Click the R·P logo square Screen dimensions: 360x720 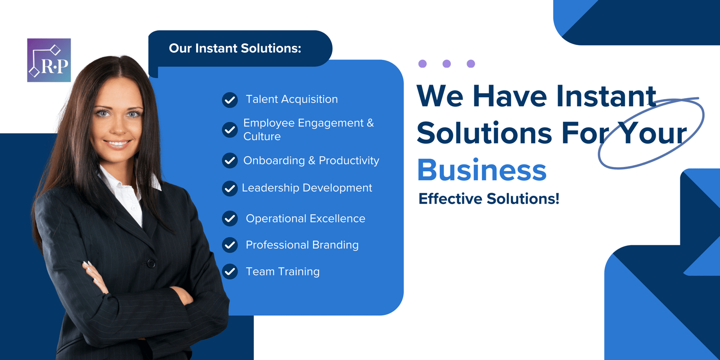click(49, 60)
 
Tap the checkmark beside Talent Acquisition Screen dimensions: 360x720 click(230, 100)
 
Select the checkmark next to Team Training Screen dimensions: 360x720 click(230, 271)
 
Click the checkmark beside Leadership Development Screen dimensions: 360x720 click(230, 188)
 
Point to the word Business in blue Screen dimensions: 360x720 click(481, 171)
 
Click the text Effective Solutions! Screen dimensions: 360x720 click(489, 198)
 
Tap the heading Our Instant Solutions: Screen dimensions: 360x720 click(235, 48)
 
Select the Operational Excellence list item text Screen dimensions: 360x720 click(305, 219)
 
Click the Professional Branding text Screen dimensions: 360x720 click(302, 245)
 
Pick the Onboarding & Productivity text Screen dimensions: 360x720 click(311, 161)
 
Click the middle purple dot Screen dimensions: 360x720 click(446, 63)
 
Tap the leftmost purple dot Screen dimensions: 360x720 click(422, 63)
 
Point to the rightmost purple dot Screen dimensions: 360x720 click(471, 63)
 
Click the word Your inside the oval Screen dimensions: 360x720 click(652, 134)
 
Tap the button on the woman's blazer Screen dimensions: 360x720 click(151, 264)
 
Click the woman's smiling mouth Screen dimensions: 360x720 click(117, 144)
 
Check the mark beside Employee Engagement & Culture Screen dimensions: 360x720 click(230, 130)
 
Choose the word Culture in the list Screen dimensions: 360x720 click(262, 136)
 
